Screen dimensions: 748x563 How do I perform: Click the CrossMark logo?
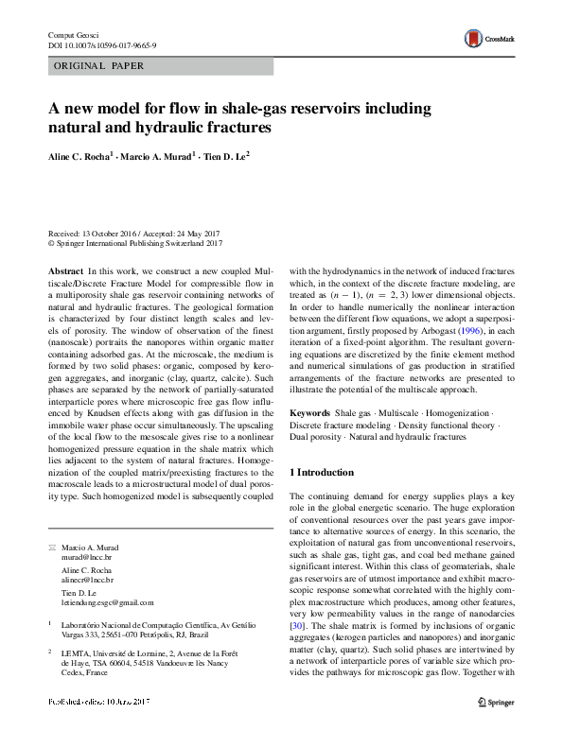pos(484,39)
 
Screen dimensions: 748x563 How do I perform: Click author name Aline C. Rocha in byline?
pos(82,154)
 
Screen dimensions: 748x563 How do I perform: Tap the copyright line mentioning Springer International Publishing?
pos(135,243)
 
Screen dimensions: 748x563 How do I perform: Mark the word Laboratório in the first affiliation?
pos(83,625)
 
